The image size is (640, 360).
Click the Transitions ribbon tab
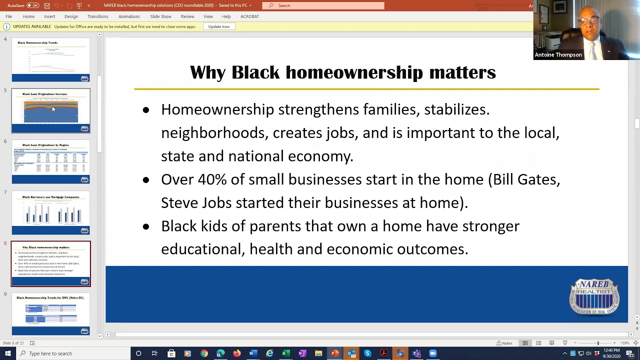pyautogui.click(x=97, y=16)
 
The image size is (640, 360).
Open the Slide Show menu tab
pyautogui.click(x=160, y=16)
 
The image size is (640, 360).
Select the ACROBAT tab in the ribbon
pyautogui.click(x=249, y=16)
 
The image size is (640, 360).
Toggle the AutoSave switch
pyautogui.click(x=32, y=5)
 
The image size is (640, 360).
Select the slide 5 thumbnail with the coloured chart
pyautogui.click(x=51, y=110)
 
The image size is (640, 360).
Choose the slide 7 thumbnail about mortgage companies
pyautogui.click(x=51, y=212)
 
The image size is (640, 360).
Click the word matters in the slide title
pyautogui.click(x=462, y=72)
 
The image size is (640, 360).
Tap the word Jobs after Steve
pyautogui.click(x=216, y=203)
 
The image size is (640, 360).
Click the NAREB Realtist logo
pyautogui.click(x=594, y=296)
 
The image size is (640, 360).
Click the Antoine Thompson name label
pyautogui.click(x=558, y=55)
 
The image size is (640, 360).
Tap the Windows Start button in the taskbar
pyautogui.click(x=7, y=353)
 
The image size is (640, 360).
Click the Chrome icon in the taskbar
pyautogui.click(x=204, y=353)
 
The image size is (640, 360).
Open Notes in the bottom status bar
pyautogui.click(x=504, y=343)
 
